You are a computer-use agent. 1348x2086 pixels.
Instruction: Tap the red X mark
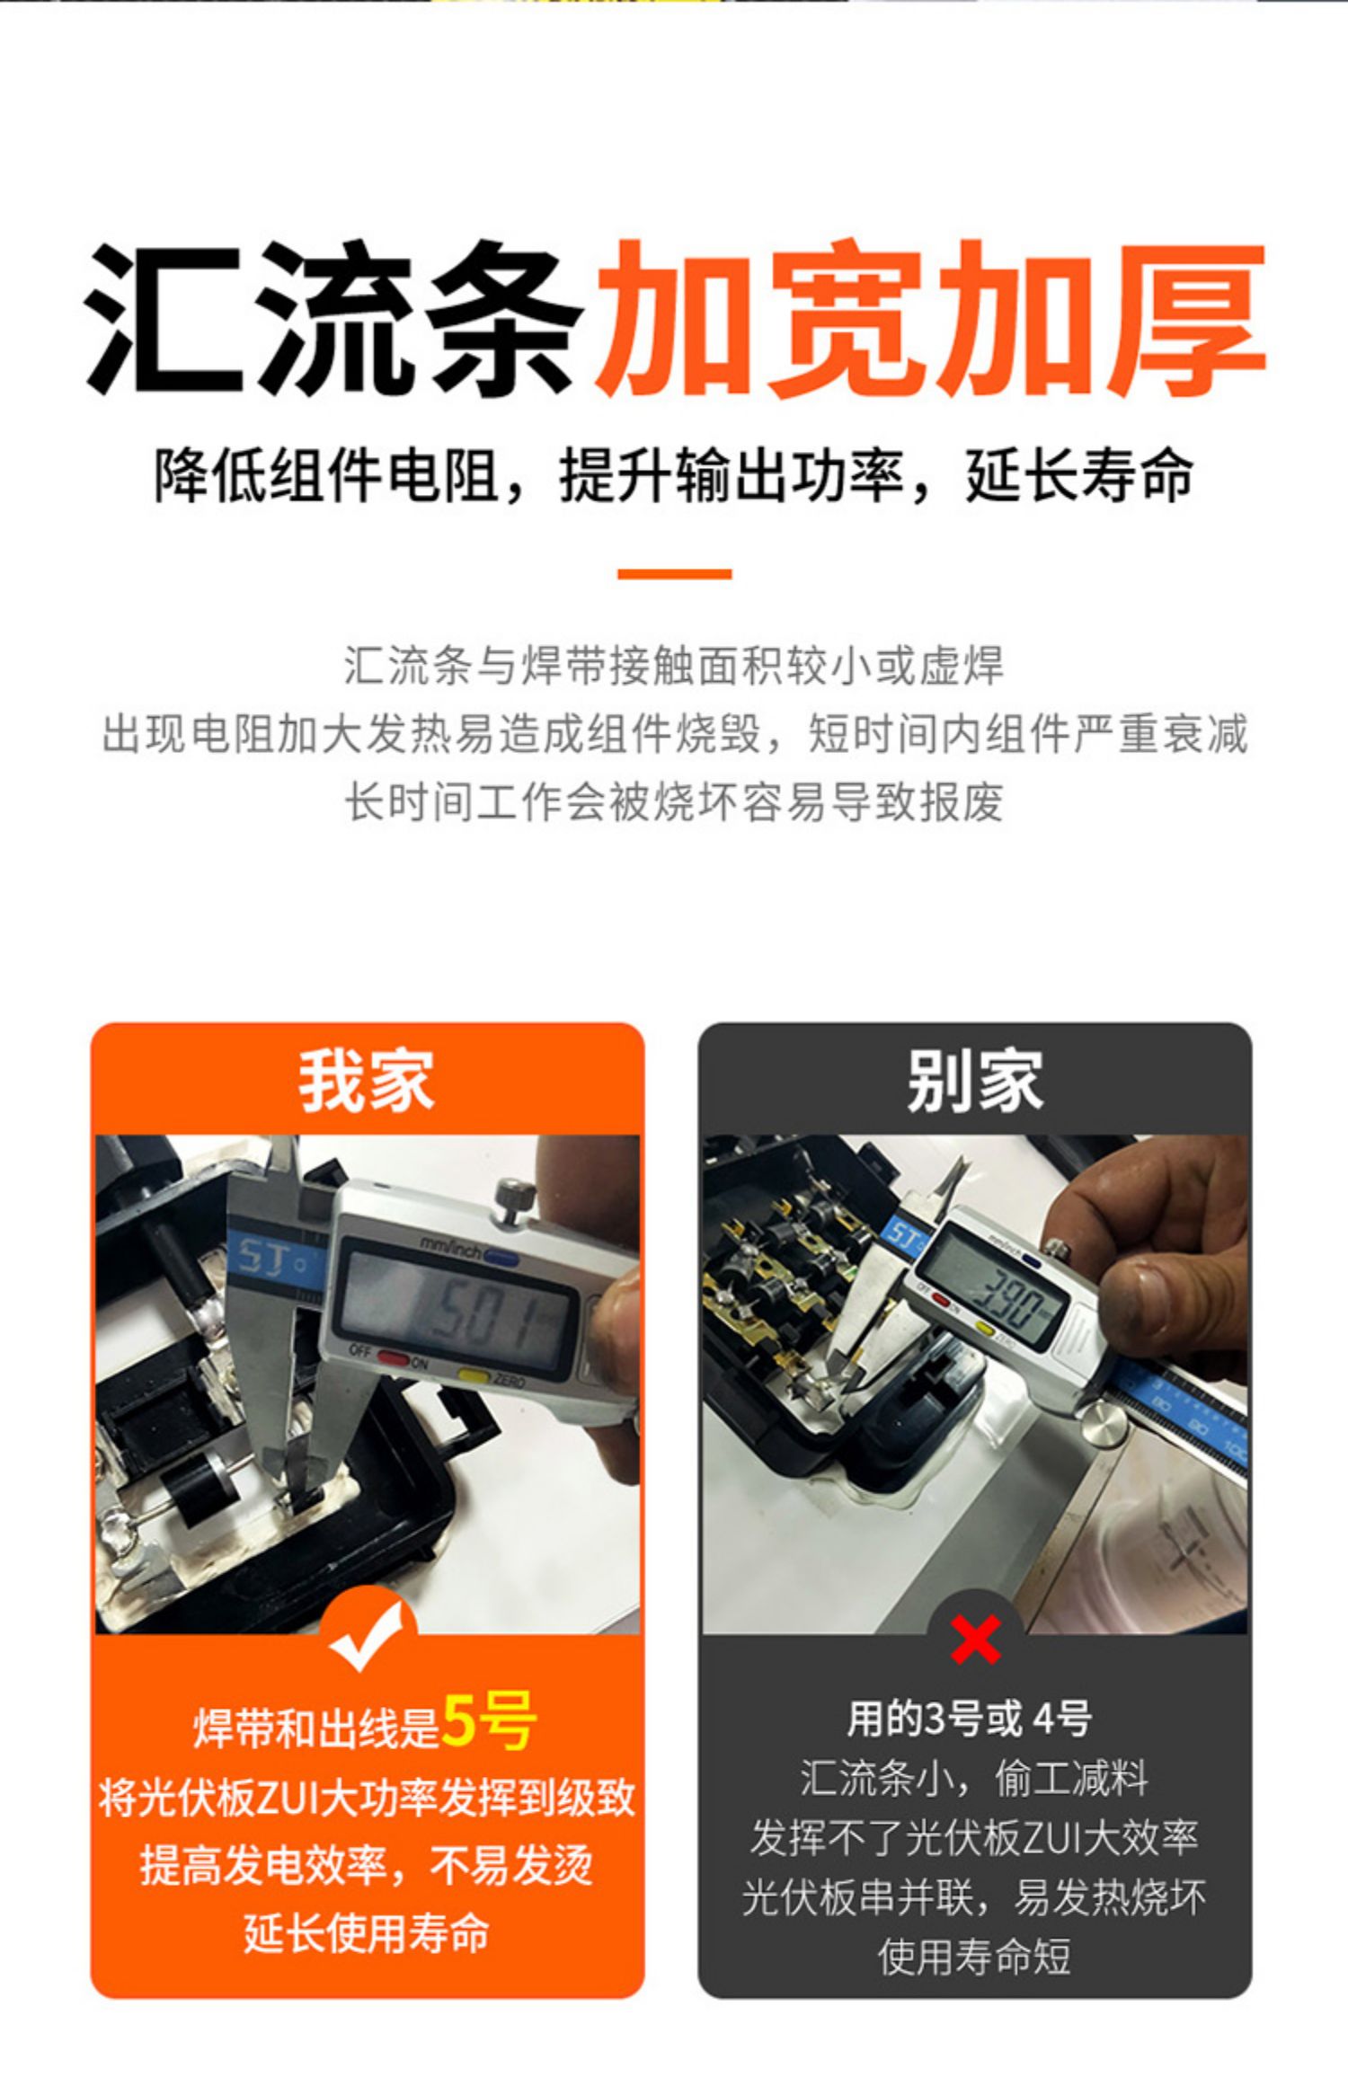(975, 1640)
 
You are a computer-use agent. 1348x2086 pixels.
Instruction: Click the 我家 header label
(367, 1081)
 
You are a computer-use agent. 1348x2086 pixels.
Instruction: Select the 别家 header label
(975, 1081)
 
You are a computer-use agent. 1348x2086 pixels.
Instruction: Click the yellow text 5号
(490, 1721)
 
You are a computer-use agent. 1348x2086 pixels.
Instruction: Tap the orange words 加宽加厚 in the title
(930, 319)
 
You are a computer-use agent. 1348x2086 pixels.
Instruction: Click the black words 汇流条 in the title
(333, 319)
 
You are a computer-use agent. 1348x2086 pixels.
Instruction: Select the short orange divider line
(674, 573)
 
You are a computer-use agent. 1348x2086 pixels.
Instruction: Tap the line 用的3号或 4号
(969, 1719)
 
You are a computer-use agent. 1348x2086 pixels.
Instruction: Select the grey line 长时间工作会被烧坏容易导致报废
(674, 801)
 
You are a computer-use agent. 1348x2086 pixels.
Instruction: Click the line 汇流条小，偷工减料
(975, 1778)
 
